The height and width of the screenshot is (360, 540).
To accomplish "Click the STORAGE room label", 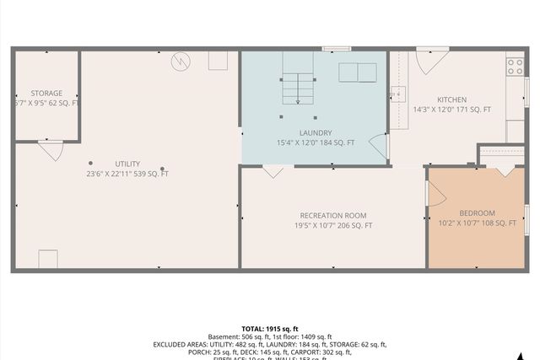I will click(46, 93).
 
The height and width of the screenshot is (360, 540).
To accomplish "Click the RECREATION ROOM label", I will click(332, 215).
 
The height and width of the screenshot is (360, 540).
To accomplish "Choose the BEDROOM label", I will click(477, 212).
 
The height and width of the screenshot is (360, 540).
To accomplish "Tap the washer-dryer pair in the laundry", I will click(359, 73).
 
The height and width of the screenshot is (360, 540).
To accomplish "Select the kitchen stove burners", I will click(514, 65).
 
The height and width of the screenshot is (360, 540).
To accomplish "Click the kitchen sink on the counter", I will click(398, 94).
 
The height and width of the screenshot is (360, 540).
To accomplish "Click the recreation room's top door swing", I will click(273, 171).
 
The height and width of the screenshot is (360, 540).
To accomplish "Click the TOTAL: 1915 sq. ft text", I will click(270, 329).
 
